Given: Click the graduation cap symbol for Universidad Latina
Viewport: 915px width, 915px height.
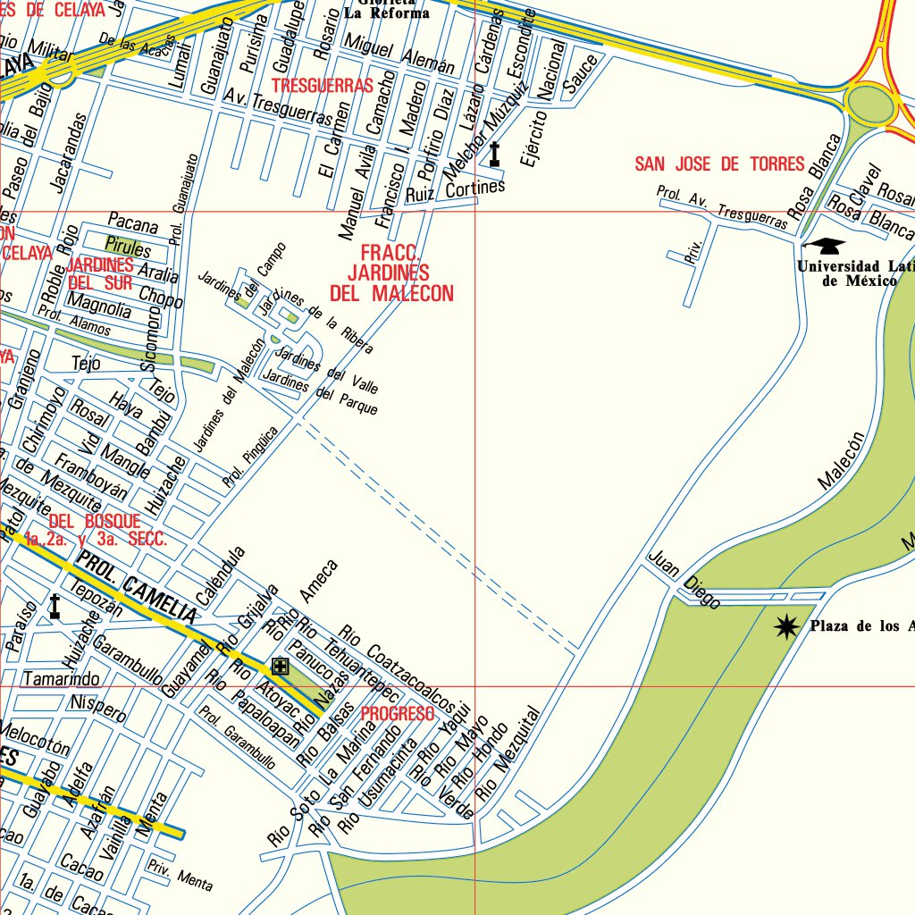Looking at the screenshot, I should click(823, 245).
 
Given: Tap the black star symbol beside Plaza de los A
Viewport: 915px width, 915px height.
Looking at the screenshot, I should click(786, 627).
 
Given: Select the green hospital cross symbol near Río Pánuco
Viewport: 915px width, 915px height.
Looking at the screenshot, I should click(281, 666).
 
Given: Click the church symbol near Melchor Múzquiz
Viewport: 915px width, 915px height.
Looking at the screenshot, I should click(494, 155).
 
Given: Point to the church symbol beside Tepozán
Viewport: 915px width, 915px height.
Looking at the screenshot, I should click(55, 607).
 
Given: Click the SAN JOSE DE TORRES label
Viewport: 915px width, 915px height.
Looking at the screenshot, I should click(719, 164).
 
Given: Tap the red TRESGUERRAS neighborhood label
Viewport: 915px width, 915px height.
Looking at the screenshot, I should click(322, 86).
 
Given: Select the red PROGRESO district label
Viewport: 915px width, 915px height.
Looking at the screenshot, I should click(397, 714).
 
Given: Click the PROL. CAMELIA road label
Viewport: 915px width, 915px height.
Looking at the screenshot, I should click(136, 587).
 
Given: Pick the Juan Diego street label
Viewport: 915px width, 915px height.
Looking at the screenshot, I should click(684, 581).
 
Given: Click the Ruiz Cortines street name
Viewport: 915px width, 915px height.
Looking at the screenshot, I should click(455, 191).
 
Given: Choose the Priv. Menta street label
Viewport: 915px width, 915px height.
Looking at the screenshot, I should click(180, 875).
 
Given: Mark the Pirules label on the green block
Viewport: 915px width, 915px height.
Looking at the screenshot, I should click(128, 245).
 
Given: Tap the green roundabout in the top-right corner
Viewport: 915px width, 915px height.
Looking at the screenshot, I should click(869, 105).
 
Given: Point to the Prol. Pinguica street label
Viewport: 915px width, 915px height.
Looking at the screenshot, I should click(251, 457).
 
